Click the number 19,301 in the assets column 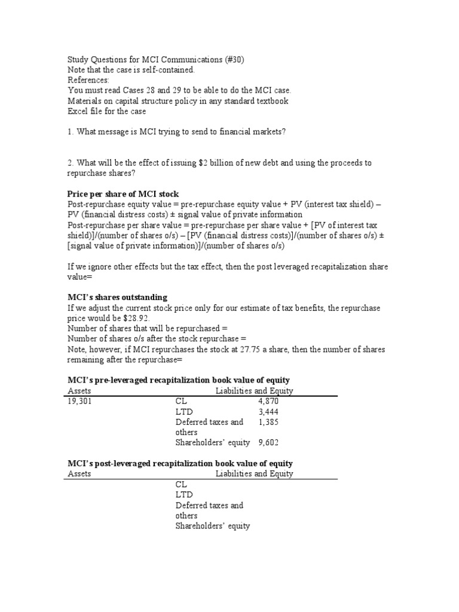79,402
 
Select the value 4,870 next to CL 268,402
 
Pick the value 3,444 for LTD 268,412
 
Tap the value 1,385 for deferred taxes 268,422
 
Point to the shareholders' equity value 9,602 268,443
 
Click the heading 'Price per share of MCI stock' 123,194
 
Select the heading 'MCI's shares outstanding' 118,297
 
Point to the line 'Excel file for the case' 106,111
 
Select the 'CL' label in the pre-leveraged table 181,402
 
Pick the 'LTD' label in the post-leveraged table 184,495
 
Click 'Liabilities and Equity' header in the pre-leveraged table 254,391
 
